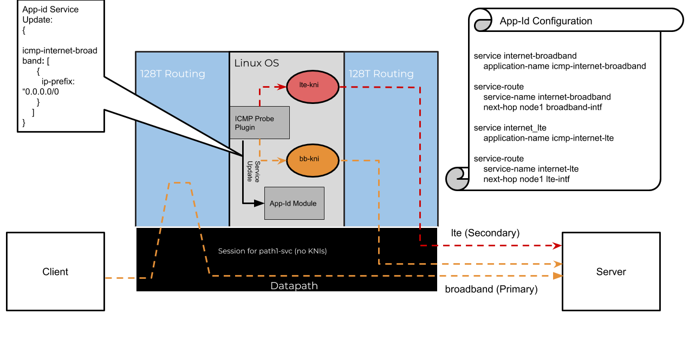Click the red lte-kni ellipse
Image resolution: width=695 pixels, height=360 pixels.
point(312,86)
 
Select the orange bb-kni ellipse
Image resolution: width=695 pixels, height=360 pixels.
point(312,160)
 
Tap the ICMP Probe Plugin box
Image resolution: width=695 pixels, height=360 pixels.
point(259,122)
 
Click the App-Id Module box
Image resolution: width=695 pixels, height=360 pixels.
point(294,203)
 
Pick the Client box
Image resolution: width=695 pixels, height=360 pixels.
point(55,271)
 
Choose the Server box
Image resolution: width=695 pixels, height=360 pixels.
point(611,271)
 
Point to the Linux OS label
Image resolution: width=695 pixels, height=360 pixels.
point(256,63)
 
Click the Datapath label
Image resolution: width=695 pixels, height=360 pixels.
point(294,285)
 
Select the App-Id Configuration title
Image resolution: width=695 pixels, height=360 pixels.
point(545,21)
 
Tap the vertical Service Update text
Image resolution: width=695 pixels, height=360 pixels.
point(253,171)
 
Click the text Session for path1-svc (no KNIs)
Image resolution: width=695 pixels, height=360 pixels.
point(272,251)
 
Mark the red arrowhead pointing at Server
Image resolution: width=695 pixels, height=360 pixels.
point(557,246)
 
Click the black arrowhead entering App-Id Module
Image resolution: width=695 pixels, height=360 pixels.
point(259,204)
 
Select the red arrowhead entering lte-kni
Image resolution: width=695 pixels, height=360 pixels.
point(282,86)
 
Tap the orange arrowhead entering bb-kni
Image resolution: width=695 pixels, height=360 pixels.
point(282,160)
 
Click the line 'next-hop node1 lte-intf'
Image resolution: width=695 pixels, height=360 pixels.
point(526,179)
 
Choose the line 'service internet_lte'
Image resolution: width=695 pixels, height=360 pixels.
point(510,128)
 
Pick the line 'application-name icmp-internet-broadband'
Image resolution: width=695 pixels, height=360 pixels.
point(564,66)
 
